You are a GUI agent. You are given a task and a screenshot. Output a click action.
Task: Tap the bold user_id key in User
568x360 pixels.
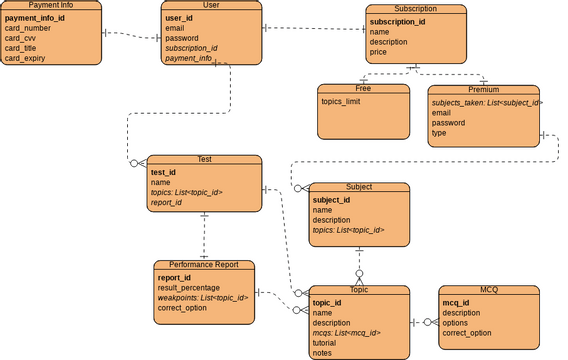point(179,18)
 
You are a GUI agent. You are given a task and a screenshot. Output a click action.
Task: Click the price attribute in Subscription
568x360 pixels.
point(378,52)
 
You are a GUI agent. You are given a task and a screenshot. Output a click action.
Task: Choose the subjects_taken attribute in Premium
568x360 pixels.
point(486,103)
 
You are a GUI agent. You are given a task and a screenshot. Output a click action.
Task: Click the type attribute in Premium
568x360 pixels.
point(440,133)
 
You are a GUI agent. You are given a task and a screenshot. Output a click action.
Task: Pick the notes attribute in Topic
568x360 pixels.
point(322,353)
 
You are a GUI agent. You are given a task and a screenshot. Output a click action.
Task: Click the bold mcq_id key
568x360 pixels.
point(457,302)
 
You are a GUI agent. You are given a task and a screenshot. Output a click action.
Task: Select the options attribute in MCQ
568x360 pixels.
point(457,322)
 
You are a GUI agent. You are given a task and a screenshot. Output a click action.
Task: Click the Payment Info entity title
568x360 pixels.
point(50,5)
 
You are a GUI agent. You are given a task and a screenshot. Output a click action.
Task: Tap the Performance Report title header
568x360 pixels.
point(204,265)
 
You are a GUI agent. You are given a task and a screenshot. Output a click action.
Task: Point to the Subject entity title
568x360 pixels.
point(359,187)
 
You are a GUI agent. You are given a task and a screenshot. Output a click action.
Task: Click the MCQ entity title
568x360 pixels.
point(489,290)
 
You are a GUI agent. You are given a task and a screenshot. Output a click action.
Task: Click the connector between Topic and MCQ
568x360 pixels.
point(424,322)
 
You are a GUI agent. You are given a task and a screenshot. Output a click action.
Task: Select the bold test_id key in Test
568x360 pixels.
point(163,172)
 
